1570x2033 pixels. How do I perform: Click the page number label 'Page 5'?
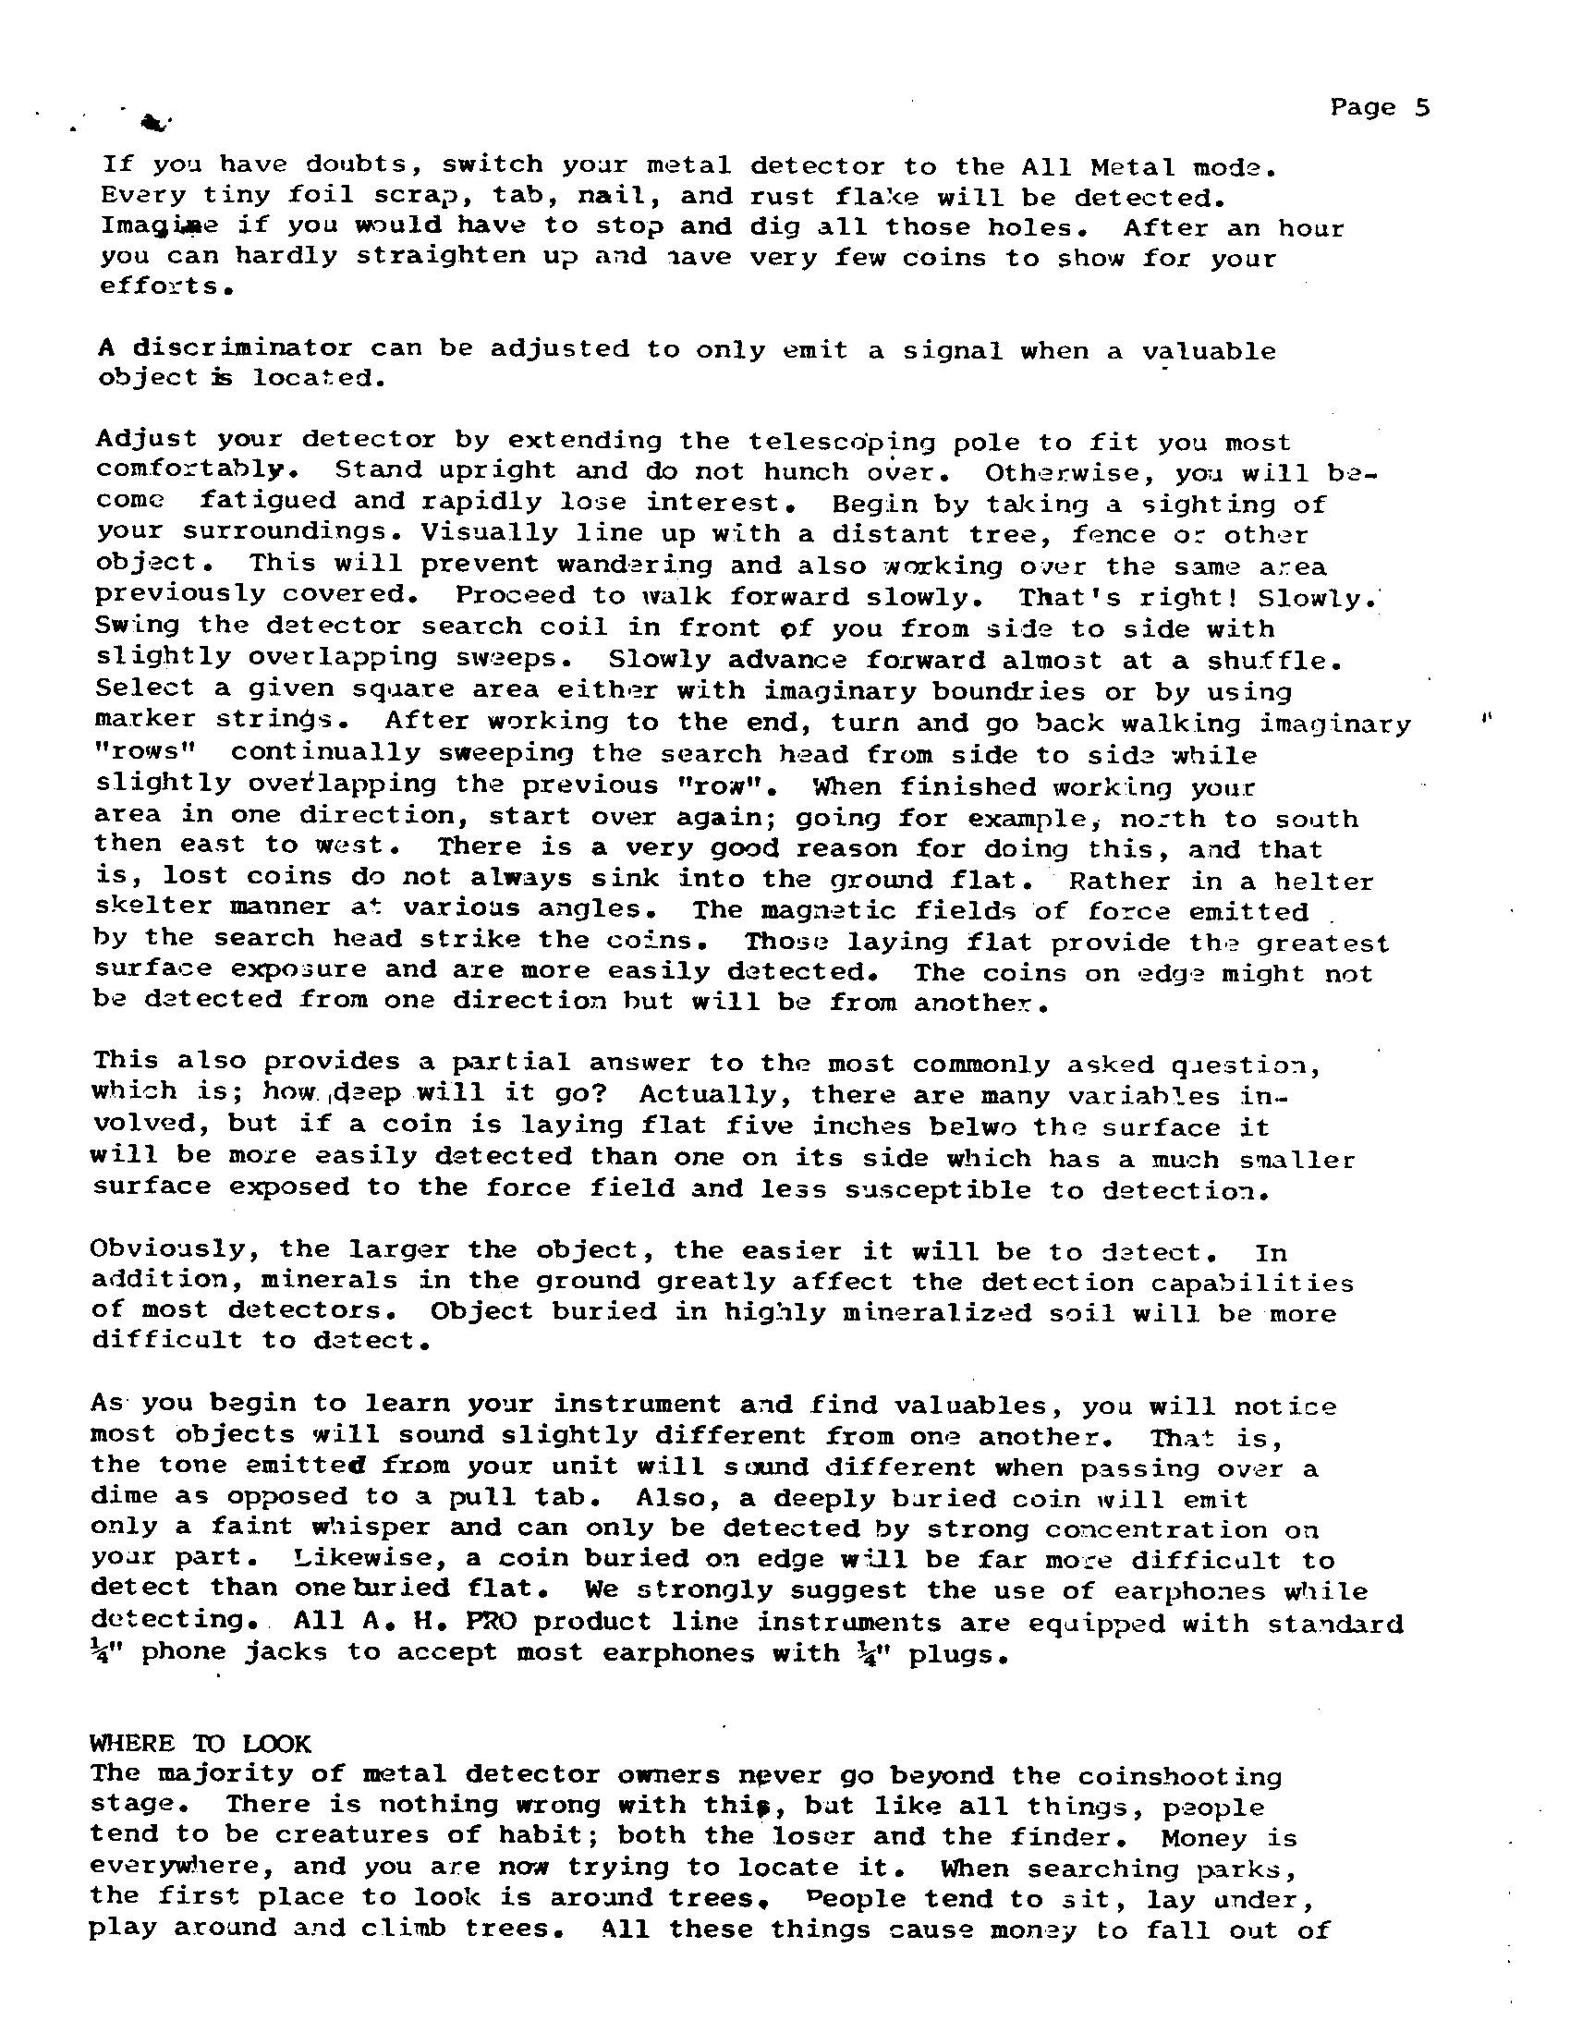[x=1379, y=108]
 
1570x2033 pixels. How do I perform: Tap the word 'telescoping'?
[x=824, y=440]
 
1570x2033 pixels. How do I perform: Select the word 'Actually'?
[x=708, y=1094]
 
